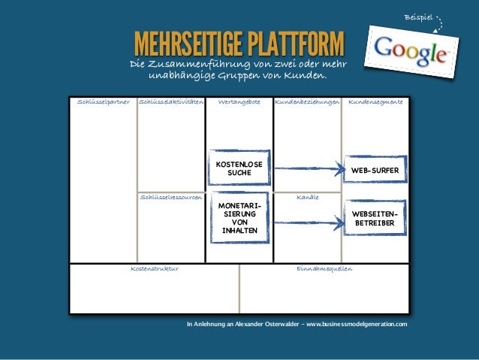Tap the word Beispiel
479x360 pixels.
(418, 16)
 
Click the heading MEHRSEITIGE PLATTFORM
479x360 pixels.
(238, 44)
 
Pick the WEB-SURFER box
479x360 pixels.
(375, 171)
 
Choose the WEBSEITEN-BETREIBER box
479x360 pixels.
(375, 219)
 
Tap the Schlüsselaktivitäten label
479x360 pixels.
(171, 100)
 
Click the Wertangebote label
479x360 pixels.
(239, 100)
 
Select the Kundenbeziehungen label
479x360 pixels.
(307, 100)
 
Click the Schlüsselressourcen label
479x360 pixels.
(171, 197)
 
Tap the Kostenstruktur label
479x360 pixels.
(155, 268)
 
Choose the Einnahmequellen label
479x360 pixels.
(324, 268)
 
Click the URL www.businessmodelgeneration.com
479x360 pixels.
(357, 324)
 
